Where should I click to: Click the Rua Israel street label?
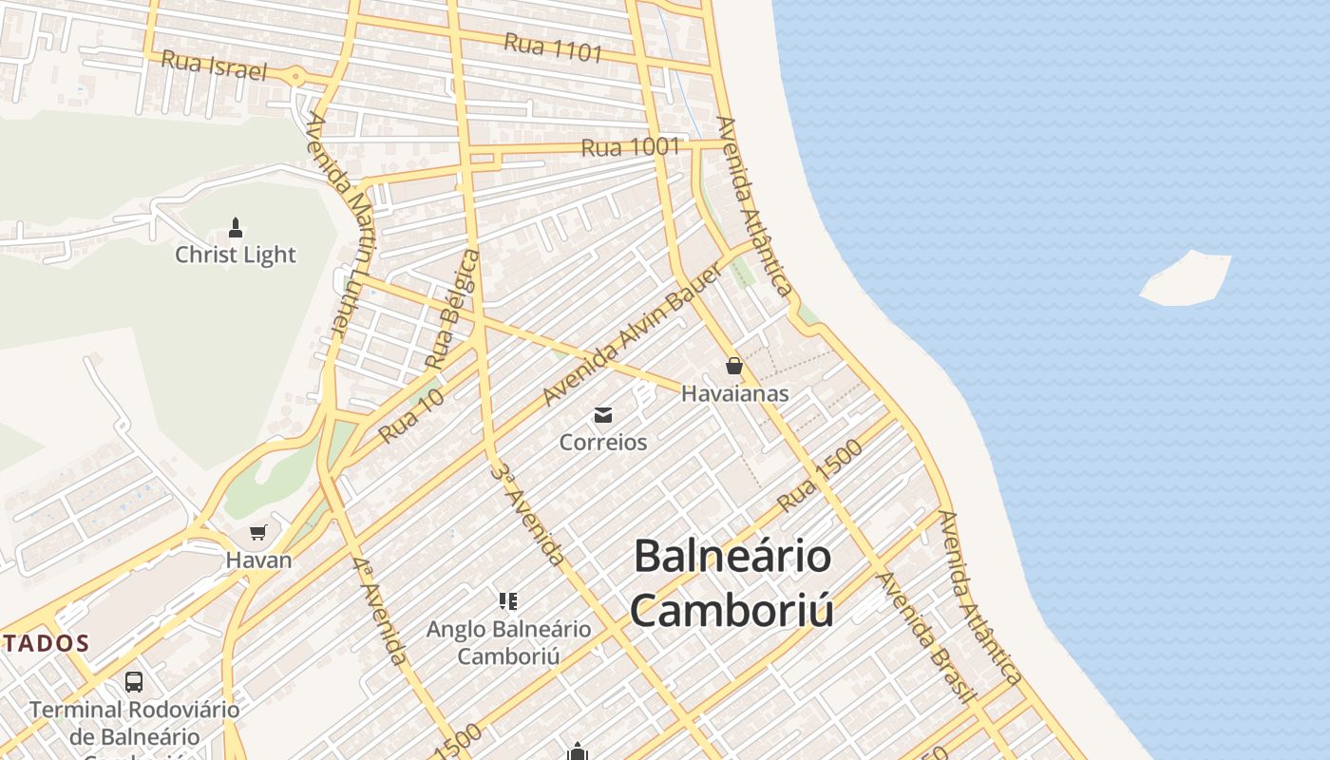pos(214,66)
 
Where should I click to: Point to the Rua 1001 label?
pos(631,147)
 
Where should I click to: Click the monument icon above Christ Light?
pos(236,228)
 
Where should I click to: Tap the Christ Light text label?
pos(236,255)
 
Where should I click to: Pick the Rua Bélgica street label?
pos(452,309)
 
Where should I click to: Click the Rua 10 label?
pos(411,416)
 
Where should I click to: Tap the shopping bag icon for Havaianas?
pos(733,366)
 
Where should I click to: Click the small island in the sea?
pos(1187,278)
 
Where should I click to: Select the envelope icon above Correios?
pos(603,415)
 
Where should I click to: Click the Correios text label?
pos(603,443)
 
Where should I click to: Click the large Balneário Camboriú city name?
pos(732,582)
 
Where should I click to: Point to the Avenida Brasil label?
pos(926,636)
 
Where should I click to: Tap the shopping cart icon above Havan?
pos(257,533)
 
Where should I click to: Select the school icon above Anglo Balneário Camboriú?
pos(508,600)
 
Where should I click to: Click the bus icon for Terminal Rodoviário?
pos(134,681)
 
